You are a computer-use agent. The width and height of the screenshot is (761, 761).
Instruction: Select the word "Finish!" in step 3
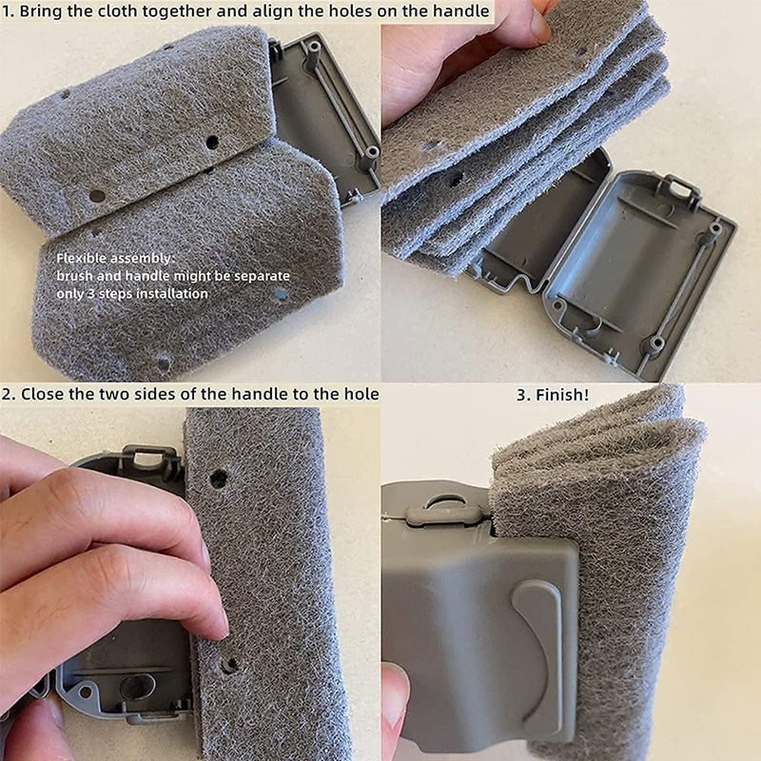pos(562,395)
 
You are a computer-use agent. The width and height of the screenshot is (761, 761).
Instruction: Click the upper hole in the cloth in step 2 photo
pos(219,479)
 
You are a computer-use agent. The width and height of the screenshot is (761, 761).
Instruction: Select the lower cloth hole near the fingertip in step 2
pos(230,664)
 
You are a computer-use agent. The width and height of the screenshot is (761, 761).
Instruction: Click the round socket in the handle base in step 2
pos(138,687)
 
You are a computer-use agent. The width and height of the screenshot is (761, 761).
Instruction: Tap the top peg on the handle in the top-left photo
pos(312,49)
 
